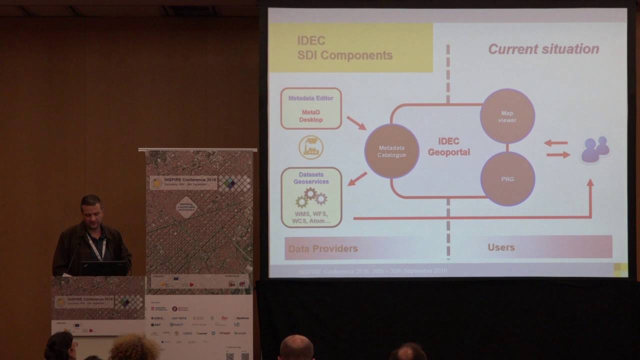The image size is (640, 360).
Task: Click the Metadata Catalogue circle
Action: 391,151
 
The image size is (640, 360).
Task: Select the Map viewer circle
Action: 507,116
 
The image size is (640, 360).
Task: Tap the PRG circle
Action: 507,178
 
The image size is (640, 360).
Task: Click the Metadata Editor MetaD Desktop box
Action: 311,108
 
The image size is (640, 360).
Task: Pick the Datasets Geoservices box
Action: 311,197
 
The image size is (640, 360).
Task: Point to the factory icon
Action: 311,147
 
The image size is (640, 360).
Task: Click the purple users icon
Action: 595,149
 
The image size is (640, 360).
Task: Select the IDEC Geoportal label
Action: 448,146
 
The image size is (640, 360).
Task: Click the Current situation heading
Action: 543,49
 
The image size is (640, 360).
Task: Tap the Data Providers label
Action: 322,248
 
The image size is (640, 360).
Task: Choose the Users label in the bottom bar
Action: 500,247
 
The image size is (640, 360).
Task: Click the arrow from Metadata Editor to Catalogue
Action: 356,122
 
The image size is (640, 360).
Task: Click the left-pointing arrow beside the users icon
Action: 555,143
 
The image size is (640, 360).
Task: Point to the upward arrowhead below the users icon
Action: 590,184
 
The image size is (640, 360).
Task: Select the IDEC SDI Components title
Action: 345,48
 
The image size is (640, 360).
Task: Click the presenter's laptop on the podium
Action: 104,268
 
